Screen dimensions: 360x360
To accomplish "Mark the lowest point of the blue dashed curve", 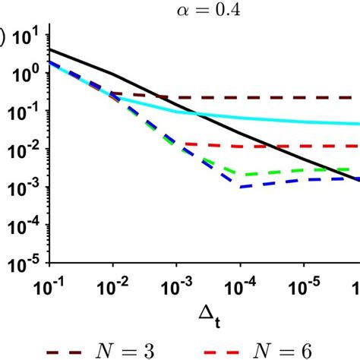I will point(240,187).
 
